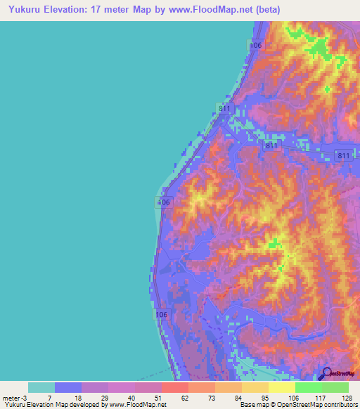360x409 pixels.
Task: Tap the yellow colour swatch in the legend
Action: point(281,387)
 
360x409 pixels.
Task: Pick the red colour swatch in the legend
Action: point(174,387)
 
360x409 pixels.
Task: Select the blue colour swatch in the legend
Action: point(67,387)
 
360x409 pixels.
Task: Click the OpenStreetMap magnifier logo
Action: point(326,374)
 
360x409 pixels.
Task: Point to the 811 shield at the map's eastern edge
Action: point(343,156)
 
